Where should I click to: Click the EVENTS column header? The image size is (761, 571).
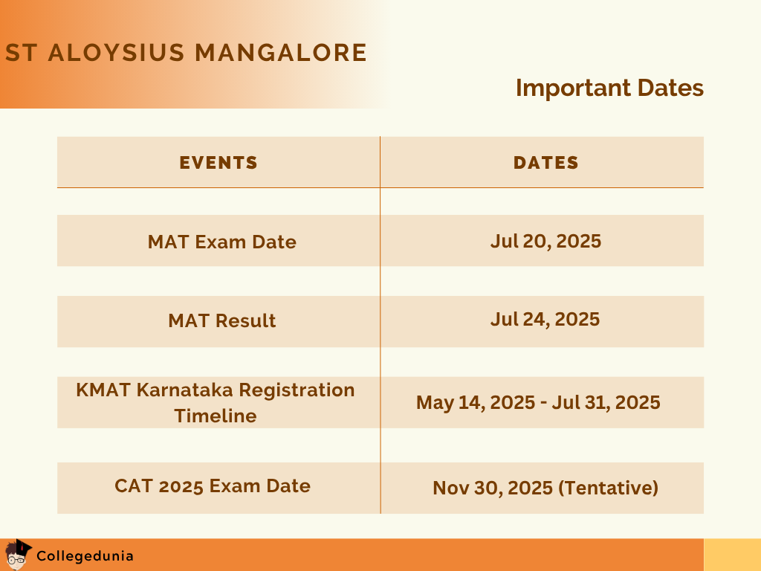[218, 163]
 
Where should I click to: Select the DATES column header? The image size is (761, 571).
[545, 163]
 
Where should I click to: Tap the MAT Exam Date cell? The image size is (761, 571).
[221, 242]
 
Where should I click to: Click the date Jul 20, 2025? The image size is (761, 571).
[545, 241]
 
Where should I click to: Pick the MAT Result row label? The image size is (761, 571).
[221, 320]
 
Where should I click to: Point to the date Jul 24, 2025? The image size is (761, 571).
[545, 319]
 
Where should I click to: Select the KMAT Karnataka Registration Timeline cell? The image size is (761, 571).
[216, 402]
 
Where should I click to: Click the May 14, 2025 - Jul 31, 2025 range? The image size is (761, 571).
[538, 402]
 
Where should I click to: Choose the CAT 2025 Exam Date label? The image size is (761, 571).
[213, 485]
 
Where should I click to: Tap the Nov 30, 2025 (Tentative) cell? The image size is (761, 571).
[545, 488]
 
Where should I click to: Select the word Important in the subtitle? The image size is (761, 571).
[563, 88]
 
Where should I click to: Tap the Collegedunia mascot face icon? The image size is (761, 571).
[16, 554]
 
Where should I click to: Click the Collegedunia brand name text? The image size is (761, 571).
[85, 555]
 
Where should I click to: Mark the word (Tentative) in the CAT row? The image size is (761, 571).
[608, 488]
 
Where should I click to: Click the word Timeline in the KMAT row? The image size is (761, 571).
[216, 416]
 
